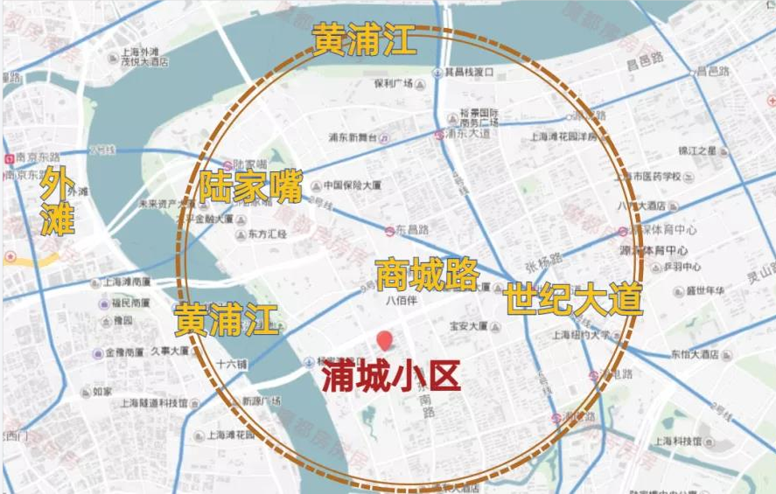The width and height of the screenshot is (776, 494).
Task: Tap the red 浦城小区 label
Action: tap(390, 377)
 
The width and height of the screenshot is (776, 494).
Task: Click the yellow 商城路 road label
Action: tap(426, 275)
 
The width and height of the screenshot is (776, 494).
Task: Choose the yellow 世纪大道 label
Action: tap(573, 300)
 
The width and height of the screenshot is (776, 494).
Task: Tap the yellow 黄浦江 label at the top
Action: tap(364, 40)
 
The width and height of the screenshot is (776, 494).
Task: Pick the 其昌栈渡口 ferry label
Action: tap(470, 72)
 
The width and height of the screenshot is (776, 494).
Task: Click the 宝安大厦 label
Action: tap(468, 326)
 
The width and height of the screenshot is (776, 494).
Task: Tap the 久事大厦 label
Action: tap(170, 351)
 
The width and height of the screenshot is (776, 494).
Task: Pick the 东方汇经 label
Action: tap(267, 234)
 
